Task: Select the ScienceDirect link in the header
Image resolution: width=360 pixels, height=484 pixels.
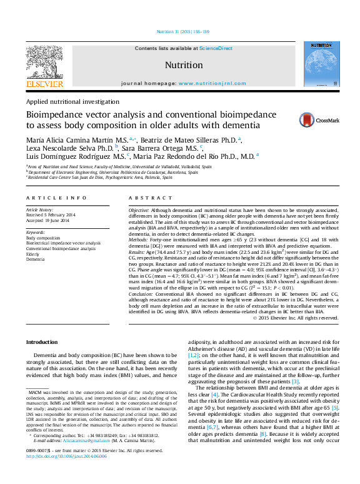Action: [x=216, y=48]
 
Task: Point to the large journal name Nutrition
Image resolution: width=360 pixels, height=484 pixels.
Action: [x=183, y=65]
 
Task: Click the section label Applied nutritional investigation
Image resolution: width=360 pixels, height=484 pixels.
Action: [x=72, y=101]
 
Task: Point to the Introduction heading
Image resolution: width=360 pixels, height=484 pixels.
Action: [x=42, y=342]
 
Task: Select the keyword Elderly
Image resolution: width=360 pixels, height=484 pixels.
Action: [x=34, y=253]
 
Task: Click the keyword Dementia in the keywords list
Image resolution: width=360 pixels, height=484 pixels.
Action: [x=36, y=259]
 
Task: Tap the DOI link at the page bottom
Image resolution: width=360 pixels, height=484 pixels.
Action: [x=67, y=475]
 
